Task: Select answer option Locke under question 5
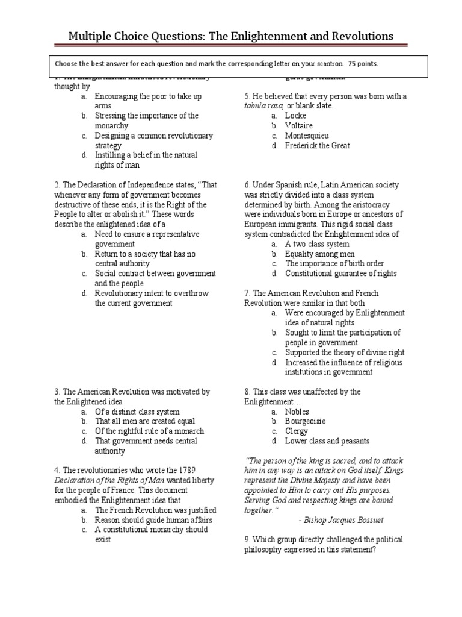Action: pyautogui.click(x=295, y=116)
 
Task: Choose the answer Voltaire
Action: pyautogui.click(x=298, y=126)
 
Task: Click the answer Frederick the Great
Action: pyautogui.click(x=317, y=146)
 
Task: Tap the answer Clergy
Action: pyautogui.click(x=297, y=431)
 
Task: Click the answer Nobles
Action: pyautogui.click(x=297, y=412)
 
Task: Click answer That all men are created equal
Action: pyautogui.click(x=145, y=421)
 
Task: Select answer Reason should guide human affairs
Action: pyautogui.click(x=155, y=519)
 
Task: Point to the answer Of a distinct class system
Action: pyautogui.click(x=137, y=412)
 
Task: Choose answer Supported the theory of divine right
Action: pyautogui.click(x=345, y=352)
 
